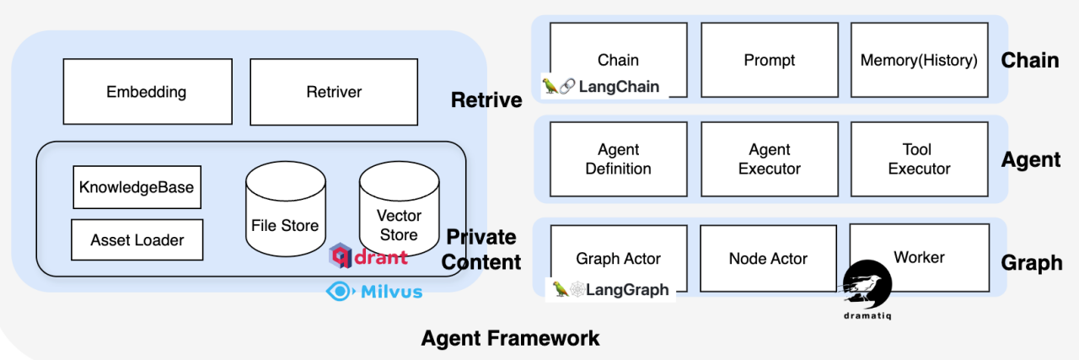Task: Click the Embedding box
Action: click(147, 91)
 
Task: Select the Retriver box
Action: click(334, 91)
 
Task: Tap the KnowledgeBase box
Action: click(137, 186)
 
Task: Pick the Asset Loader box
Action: click(136, 240)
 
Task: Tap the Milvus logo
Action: click(374, 291)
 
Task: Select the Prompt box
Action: click(769, 60)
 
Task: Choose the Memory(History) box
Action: click(919, 60)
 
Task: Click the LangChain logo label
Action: click(601, 86)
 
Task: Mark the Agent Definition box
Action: click(618, 159)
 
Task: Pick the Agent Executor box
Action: click(769, 159)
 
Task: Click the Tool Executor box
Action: click(919, 159)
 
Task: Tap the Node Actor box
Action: click(768, 259)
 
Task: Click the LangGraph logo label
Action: click(611, 289)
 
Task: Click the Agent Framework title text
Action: click(510, 339)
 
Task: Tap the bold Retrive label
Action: click(486, 100)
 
